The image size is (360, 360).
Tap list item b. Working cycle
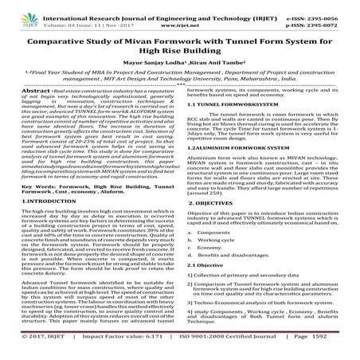222,284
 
